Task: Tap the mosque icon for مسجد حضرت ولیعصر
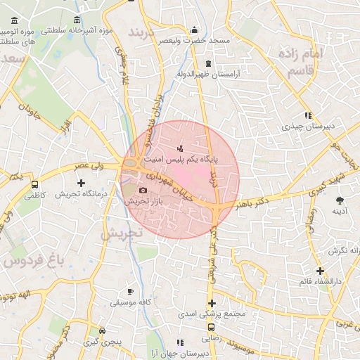[195, 30]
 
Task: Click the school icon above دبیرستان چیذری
[308, 116]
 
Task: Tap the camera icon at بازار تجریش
[143, 190]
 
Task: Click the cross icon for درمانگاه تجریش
[82, 183]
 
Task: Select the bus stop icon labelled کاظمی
[35, 185]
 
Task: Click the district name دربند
[146, 32]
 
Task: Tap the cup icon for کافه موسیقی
[130, 292]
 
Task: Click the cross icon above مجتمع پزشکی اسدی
[211, 302]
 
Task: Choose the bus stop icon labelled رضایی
[211, 327]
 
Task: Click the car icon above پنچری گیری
[103, 330]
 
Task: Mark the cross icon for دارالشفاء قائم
[320, 271]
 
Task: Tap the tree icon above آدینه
[340, 200]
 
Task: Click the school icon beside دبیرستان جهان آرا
[180, 343]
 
